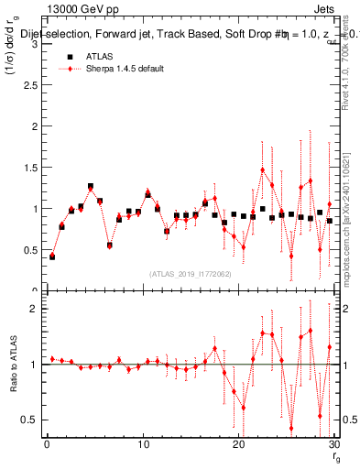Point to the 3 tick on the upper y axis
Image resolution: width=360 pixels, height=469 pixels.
click(x=37, y=44)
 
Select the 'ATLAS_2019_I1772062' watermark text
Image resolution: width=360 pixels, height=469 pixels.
click(x=190, y=273)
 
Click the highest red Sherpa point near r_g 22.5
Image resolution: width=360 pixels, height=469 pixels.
click(x=262, y=169)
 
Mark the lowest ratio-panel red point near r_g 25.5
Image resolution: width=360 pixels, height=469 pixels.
click(x=291, y=428)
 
